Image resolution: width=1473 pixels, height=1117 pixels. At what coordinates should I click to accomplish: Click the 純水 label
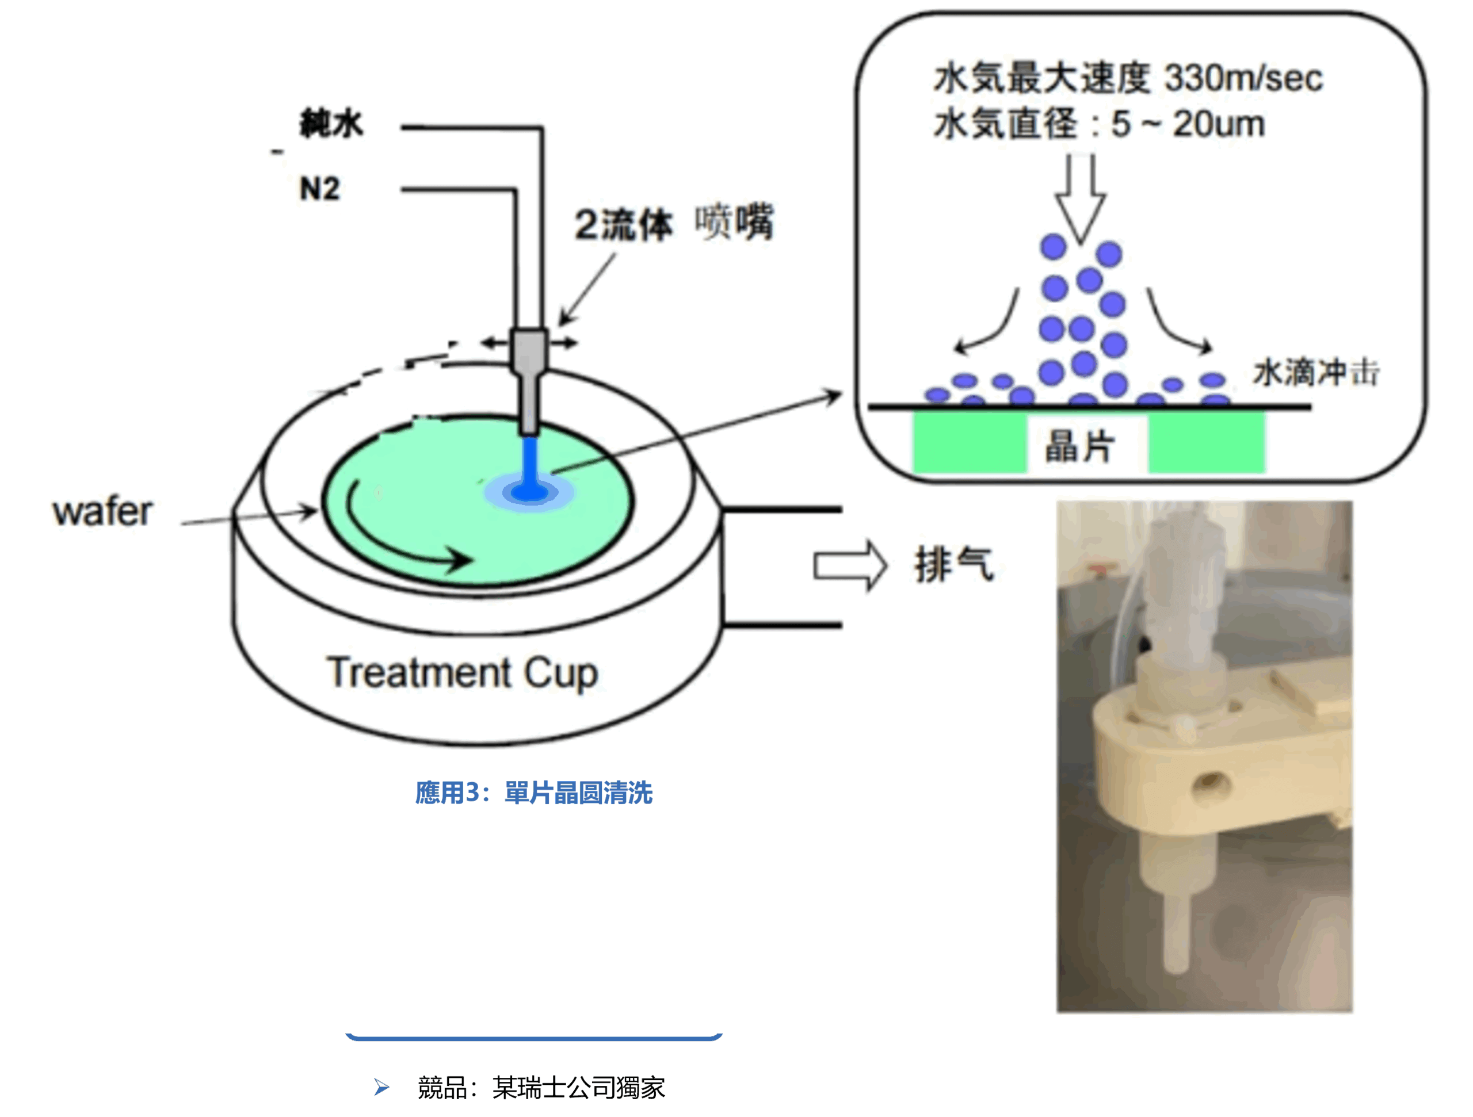point(331,123)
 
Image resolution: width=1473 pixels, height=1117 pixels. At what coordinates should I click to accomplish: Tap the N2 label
point(320,189)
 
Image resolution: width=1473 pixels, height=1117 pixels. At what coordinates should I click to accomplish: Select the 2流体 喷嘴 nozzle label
point(673,223)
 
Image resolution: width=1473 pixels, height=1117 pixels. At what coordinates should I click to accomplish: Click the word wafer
point(103,512)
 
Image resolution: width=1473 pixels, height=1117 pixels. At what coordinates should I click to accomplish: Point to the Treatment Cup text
point(461,672)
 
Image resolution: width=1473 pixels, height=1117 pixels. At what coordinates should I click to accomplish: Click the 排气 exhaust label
point(953,564)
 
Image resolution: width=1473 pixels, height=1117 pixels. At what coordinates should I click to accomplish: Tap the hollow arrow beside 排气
point(850,566)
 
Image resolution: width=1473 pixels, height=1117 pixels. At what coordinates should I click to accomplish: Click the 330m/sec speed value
point(1243,79)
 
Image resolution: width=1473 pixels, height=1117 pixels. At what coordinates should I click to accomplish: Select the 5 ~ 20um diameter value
point(1188,124)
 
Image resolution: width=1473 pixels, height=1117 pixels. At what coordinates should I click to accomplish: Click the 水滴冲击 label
point(1315,372)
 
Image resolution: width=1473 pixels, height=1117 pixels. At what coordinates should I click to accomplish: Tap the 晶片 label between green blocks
point(1079,445)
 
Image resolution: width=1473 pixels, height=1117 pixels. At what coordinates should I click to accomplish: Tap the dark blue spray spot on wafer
point(529,492)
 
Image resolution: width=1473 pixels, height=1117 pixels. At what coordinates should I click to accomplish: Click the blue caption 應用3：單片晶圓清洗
point(533,793)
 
